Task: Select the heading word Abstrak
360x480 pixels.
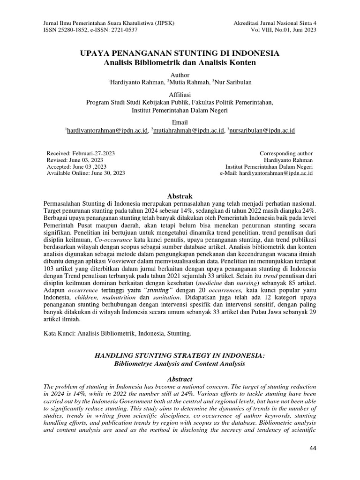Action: click(180, 195)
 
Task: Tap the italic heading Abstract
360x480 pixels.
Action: click(180, 378)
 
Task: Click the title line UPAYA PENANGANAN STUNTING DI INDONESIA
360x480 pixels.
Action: click(180, 53)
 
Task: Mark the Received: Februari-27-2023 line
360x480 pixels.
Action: click(81, 153)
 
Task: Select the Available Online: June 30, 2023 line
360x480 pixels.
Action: click(86, 173)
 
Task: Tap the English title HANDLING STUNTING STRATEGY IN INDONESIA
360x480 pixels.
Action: click(180, 356)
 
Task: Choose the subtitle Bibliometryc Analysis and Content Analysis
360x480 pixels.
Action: click(180, 363)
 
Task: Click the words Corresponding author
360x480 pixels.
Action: click(286, 153)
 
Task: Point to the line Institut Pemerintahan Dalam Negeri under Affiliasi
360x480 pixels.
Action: click(180, 110)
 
